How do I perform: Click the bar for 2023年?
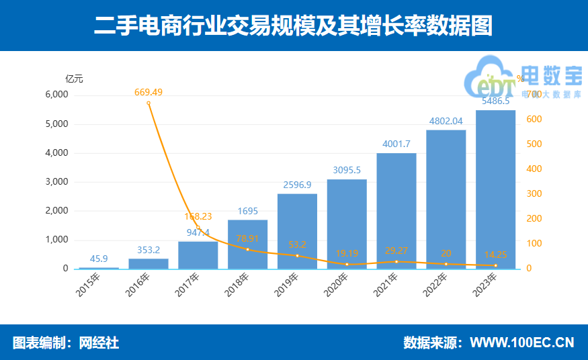(x=495, y=189)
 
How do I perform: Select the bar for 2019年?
(x=297, y=231)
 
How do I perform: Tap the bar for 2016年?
(x=149, y=263)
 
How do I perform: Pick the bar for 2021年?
(x=396, y=211)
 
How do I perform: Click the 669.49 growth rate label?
(x=149, y=92)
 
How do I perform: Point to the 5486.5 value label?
(x=496, y=101)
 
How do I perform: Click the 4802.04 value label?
(x=446, y=121)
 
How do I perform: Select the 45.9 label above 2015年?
(x=99, y=259)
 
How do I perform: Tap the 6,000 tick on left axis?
(x=56, y=95)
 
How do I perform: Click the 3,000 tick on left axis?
(x=56, y=181)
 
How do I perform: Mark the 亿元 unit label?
(x=74, y=79)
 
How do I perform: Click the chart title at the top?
(x=293, y=26)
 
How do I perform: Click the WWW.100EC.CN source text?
(x=521, y=343)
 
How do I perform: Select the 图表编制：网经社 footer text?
(x=66, y=343)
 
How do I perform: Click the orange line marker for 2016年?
(x=149, y=103)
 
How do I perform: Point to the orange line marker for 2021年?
(x=396, y=261)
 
